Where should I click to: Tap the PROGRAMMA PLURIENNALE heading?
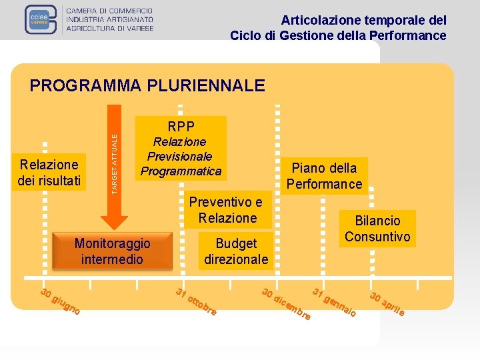point(147,85)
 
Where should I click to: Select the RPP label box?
point(181,127)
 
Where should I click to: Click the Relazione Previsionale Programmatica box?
point(181,157)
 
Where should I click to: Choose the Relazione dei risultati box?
point(49,172)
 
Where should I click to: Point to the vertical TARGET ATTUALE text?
point(114,163)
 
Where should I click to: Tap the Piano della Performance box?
point(324,176)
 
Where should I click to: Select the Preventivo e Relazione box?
point(227,210)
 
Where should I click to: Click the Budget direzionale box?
point(236,251)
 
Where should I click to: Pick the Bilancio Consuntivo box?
point(377,229)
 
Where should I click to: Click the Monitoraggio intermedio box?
point(112,251)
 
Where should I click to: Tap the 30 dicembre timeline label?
point(286,303)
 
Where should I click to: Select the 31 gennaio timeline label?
point(335,302)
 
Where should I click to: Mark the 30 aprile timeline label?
point(387,303)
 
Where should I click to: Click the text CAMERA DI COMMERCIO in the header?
point(110,11)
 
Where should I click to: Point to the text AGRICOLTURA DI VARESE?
point(110,28)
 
